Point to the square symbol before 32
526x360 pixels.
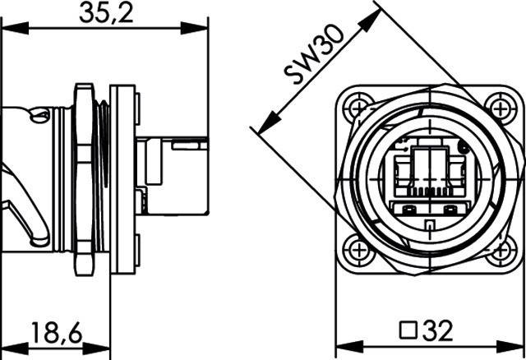coord(406,331)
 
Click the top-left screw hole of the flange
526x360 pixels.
coord(357,104)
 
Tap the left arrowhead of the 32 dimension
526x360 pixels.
coord(344,346)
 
